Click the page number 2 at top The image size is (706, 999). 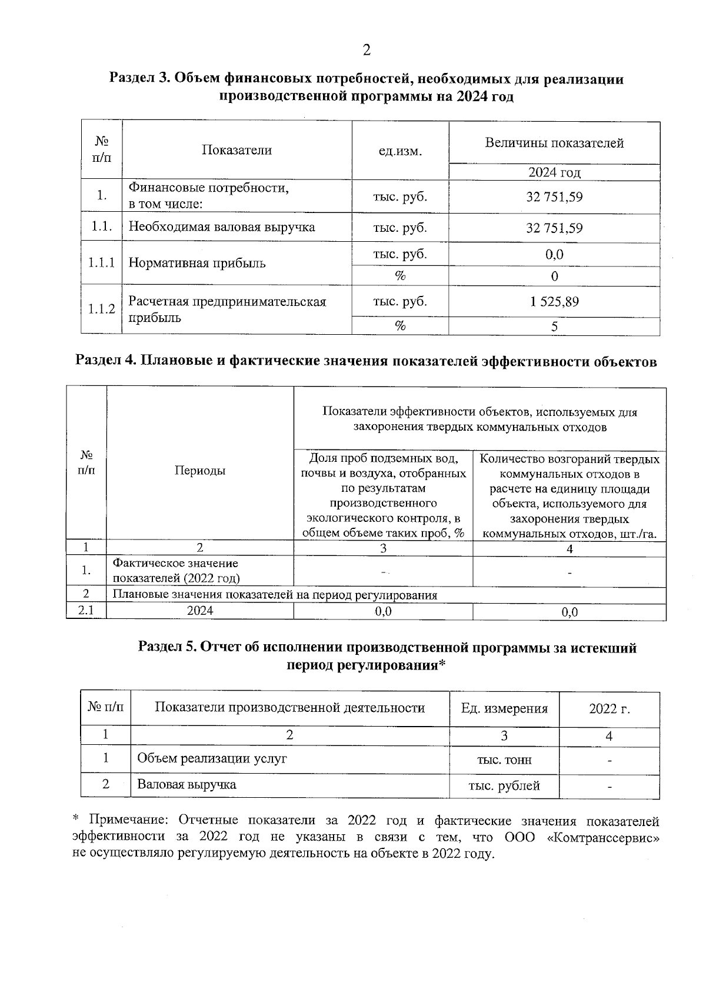[x=366, y=51]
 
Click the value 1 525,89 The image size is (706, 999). [x=554, y=302]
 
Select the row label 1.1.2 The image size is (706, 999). [x=101, y=309]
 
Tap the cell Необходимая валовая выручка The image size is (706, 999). [x=222, y=227]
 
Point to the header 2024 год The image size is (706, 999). [x=554, y=172]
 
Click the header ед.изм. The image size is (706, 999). [x=400, y=151]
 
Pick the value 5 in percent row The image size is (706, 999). [x=554, y=327]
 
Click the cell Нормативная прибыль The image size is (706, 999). [x=197, y=263]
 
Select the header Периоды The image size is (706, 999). [x=200, y=471]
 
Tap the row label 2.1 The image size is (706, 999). [x=86, y=611]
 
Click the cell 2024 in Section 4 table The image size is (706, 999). [x=200, y=611]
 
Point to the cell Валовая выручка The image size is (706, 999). [x=187, y=784]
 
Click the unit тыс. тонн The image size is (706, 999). [x=504, y=760]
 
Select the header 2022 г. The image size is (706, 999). [x=609, y=709]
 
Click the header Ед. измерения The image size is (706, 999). [x=504, y=709]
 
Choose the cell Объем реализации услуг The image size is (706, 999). [x=212, y=758]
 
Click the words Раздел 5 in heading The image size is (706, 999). [x=168, y=648]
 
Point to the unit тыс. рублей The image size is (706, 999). [x=504, y=785]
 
